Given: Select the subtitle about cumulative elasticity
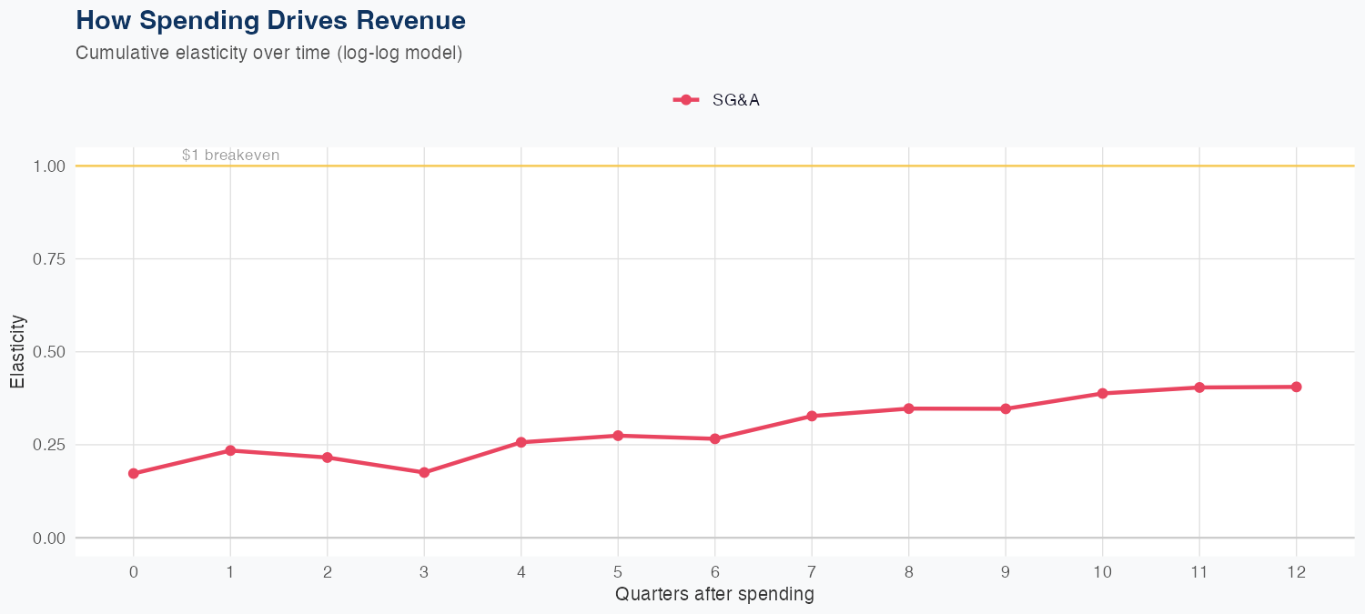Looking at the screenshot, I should click(269, 53).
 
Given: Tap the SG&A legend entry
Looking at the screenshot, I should click(716, 100).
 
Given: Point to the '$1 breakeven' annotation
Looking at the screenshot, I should click(230, 155).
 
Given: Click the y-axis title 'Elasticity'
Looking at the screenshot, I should click(17, 351).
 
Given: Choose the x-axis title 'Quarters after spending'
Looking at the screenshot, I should click(714, 595).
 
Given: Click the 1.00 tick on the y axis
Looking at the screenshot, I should click(49, 166).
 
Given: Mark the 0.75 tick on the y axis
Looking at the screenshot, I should click(49, 259).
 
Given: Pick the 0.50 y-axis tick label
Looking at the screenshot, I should click(49, 352).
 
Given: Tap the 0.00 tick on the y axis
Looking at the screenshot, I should click(49, 538).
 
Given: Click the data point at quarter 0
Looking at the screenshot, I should click(134, 474).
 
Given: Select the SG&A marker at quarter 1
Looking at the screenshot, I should click(230, 450).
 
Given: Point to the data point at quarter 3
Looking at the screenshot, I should click(424, 473).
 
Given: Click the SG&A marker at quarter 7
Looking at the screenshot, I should click(812, 416).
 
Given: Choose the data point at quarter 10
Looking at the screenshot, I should click(1102, 394).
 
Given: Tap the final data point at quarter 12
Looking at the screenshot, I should click(1296, 387).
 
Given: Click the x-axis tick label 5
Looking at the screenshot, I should click(618, 572).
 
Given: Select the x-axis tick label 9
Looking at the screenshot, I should click(1006, 572).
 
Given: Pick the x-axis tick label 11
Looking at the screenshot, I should click(1199, 572).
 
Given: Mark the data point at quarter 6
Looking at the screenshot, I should click(715, 438).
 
